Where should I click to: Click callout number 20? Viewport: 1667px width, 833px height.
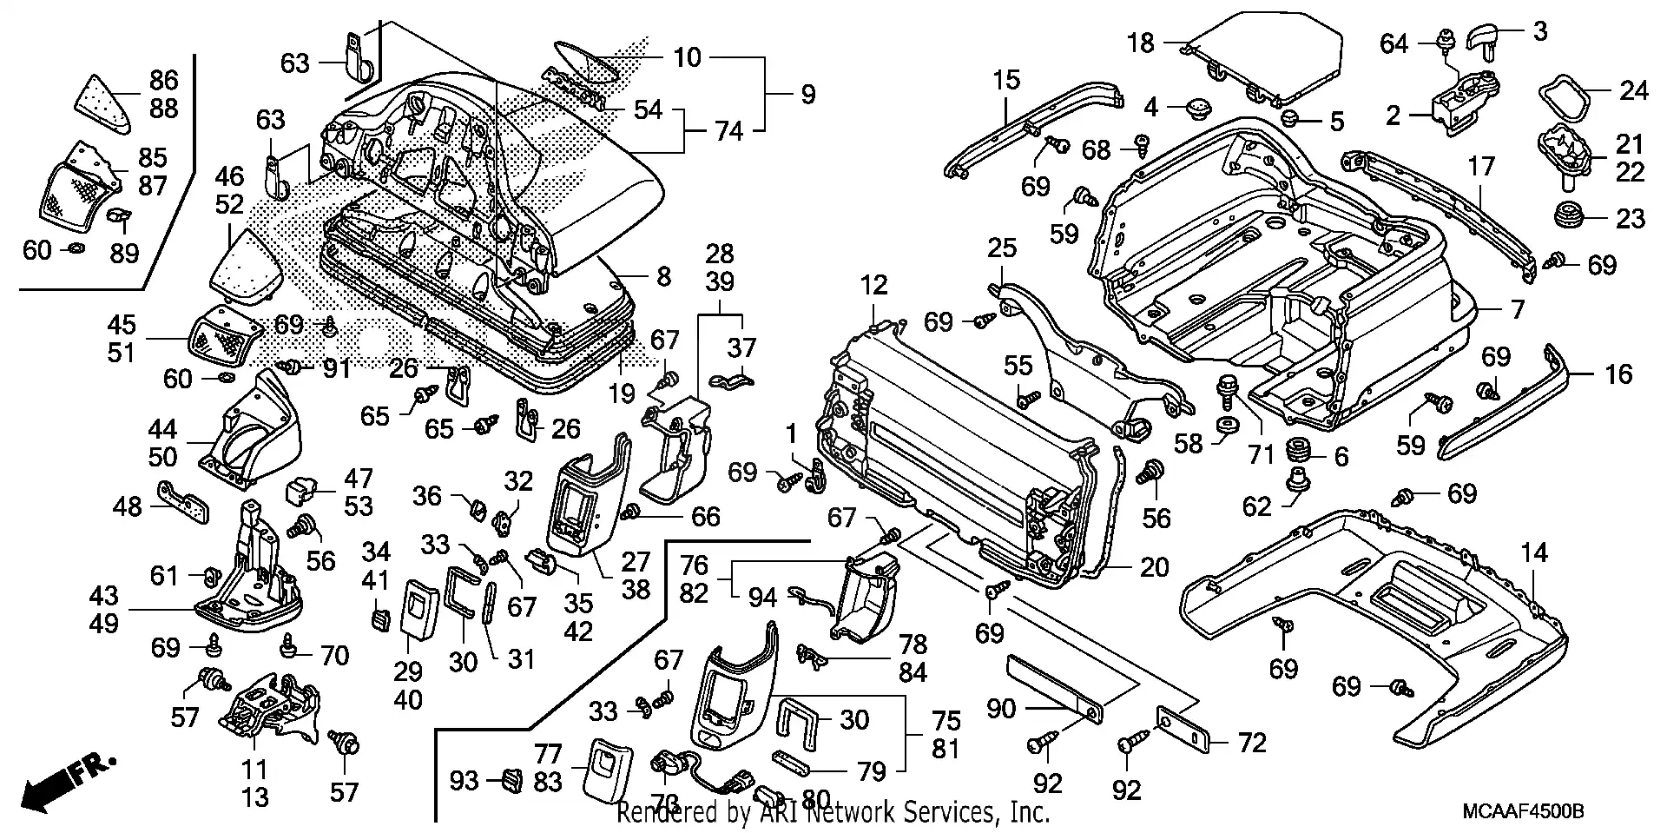(1154, 567)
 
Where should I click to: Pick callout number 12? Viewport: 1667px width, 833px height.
(874, 284)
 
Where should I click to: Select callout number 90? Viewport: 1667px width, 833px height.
(1000, 709)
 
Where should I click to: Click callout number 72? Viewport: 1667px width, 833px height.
(1252, 743)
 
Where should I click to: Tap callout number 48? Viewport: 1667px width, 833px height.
(128, 506)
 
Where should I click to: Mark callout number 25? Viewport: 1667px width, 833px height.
(1001, 249)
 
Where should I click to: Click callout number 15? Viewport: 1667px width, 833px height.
(1006, 82)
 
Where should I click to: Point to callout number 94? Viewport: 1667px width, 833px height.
(762, 597)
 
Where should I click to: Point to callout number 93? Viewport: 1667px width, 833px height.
(465, 780)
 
